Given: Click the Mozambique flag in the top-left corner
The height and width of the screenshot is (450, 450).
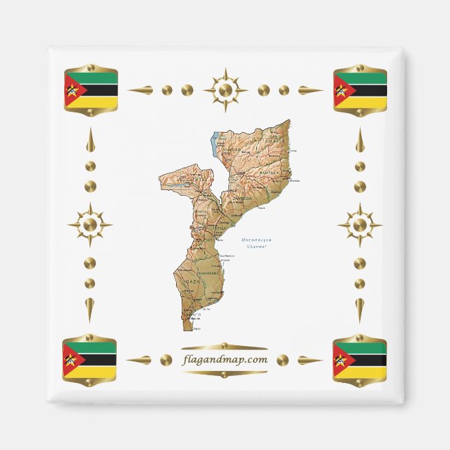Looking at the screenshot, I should pos(90,90).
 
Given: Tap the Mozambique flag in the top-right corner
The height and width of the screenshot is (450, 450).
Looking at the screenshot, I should pos(360,90).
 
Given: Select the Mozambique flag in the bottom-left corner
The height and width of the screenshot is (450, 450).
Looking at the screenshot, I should pos(89,360).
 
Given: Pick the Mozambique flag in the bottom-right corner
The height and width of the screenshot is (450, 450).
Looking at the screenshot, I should pos(360,360).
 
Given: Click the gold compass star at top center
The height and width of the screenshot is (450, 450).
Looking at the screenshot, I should pos(225,90).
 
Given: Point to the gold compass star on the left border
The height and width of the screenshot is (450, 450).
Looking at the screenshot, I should pos(89,225).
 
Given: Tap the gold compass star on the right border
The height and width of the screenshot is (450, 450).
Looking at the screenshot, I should pos(360,225).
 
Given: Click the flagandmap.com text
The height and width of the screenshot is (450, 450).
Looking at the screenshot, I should pos(224,360).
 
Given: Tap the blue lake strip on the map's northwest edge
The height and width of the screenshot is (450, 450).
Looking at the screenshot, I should pos(215,143).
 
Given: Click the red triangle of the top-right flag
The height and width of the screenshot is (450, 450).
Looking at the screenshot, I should pos(342,90).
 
